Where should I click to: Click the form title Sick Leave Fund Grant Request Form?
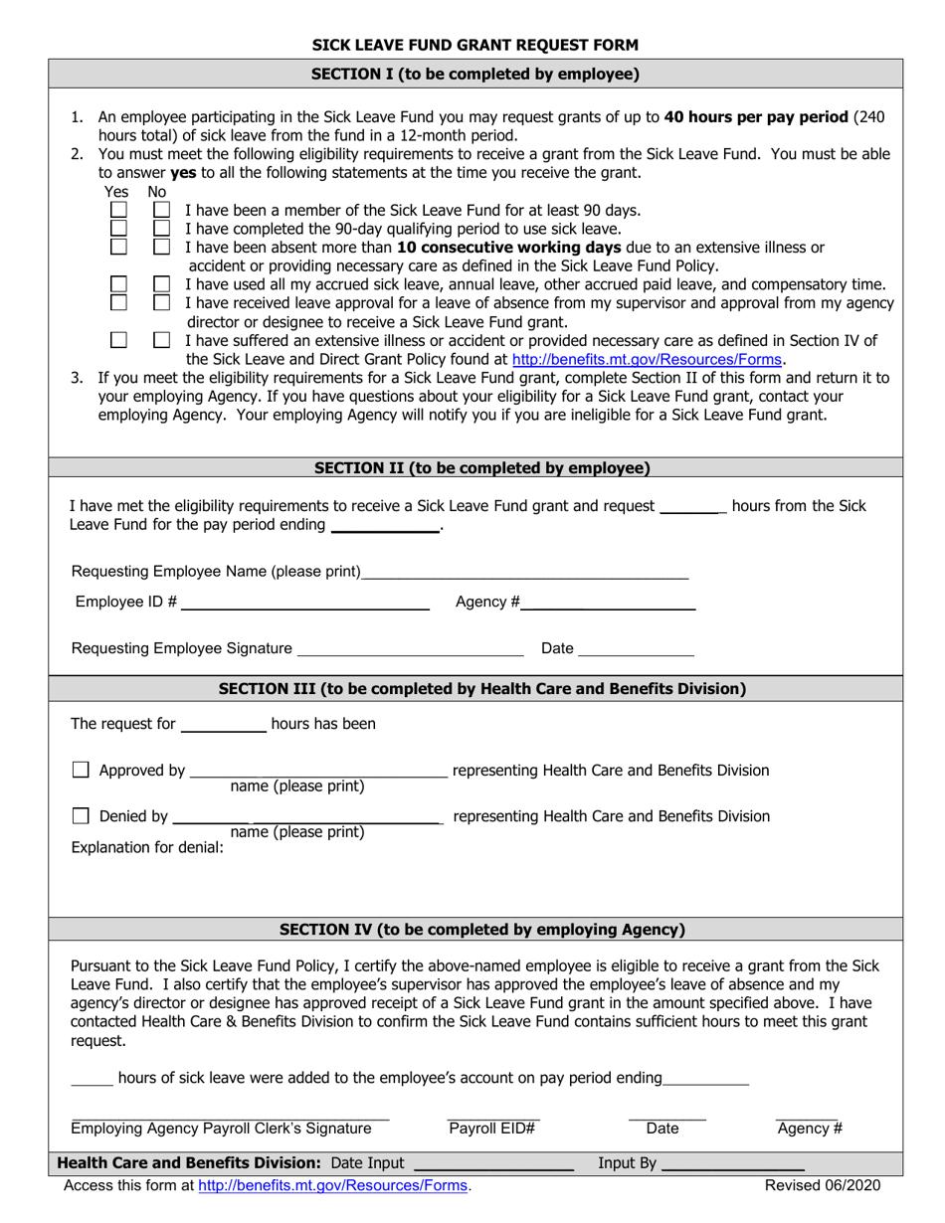coord(475,45)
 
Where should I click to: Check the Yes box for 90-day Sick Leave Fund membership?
coord(118,211)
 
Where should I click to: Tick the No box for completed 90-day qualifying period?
coord(161,229)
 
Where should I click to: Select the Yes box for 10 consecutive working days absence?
coord(118,247)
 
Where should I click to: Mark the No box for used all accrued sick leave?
coord(161,283)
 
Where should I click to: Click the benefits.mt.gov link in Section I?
coord(648,360)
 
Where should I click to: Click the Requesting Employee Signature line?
coord(410,649)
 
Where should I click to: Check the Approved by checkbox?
coord(82,770)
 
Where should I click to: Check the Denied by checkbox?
coord(82,816)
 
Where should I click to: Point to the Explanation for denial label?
coord(147,848)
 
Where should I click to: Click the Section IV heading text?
coord(481,930)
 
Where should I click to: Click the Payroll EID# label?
coord(492,1128)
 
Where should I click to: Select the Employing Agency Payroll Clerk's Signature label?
coord(221,1128)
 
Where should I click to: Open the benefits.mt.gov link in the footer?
coord(333,1185)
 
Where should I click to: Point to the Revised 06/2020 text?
coord(822,1185)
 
